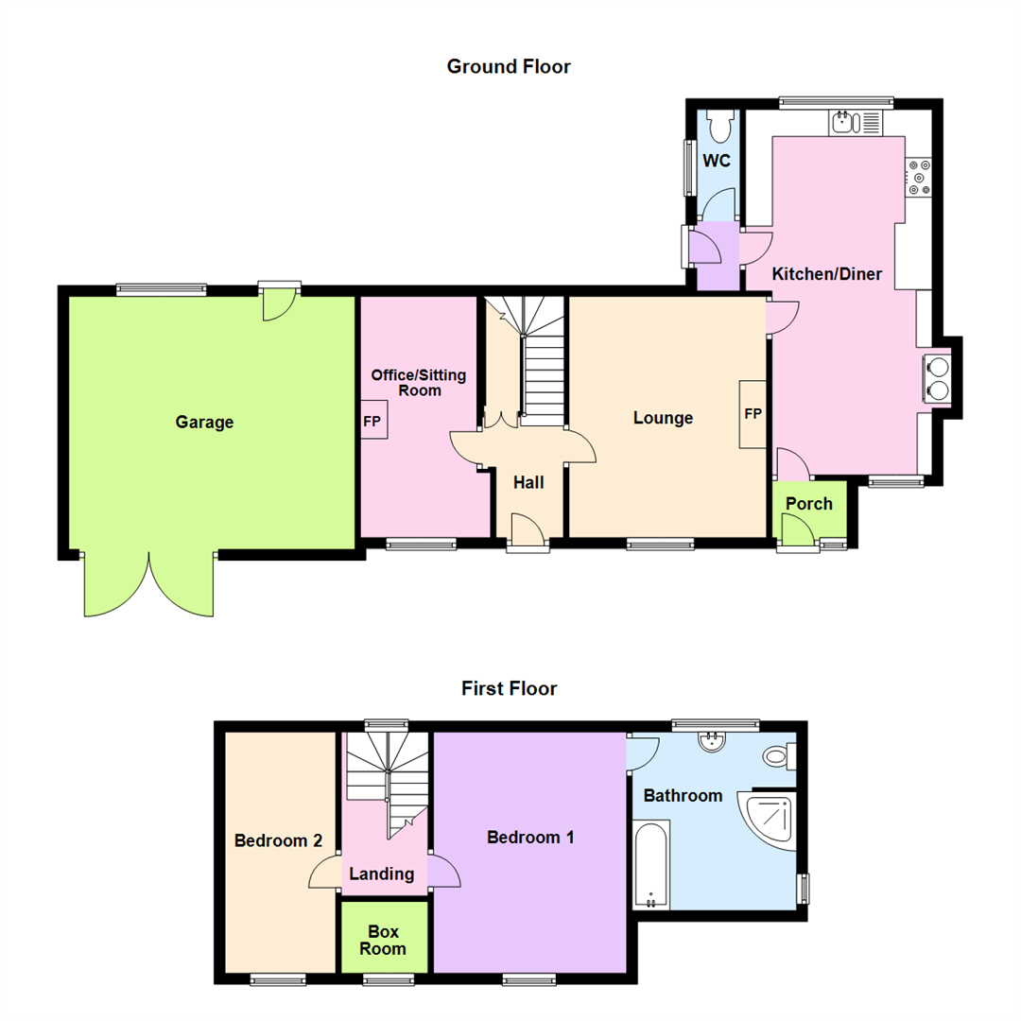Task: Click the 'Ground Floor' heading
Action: [509, 66]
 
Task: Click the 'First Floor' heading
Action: [509, 688]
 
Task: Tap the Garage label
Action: [204, 423]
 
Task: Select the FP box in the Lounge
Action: [753, 414]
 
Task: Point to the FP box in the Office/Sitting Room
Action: [371, 422]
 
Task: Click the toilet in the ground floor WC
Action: [718, 124]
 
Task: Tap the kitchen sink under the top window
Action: [844, 122]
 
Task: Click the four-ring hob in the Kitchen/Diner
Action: [918, 177]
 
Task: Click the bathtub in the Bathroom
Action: [650, 865]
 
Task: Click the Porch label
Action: [809, 504]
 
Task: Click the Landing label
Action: [382, 874]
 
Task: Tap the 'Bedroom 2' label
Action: [279, 840]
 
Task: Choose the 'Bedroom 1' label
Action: [530, 837]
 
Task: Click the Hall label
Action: [528, 482]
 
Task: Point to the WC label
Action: [717, 161]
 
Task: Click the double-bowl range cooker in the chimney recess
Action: [939, 376]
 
